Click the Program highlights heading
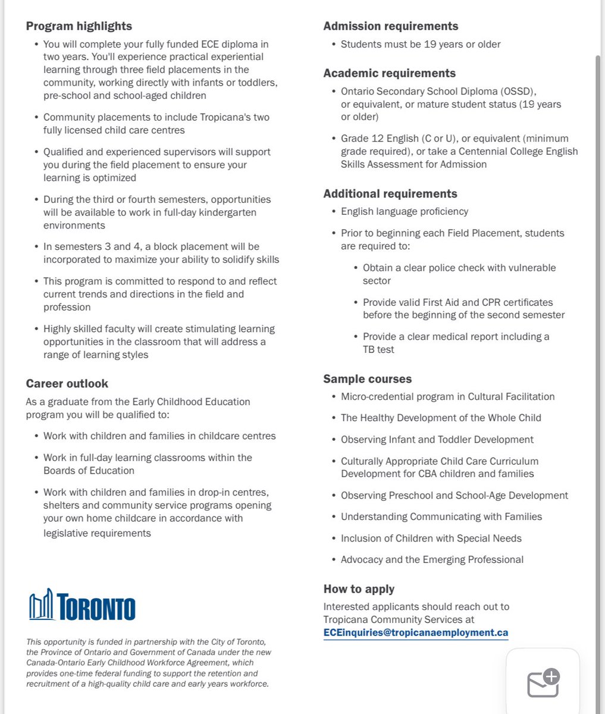pyautogui.click(x=79, y=26)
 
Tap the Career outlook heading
pyautogui.click(x=67, y=384)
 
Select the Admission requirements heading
pyautogui.click(x=390, y=26)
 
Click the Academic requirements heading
pyautogui.click(x=389, y=73)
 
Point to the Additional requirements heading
pyautogui.click(x=390, y=194)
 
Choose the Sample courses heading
pyautogui.click(x=367, y=379)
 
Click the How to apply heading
pyautogui.click(x=359, y=589)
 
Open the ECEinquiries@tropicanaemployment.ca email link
pyautogui.click(x=415, y=632)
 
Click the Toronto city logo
pyautogui.click(x=82, y=605)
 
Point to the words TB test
pyautogui.click(x=378, y=350)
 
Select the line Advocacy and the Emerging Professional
pyautogui.click(x=432, y=560)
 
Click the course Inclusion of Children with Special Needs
pyautogui.click(x=431, y=538)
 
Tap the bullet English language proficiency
pyautogui.click(x=405, y=212)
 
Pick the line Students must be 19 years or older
pyautogui.click(x=421, y=45)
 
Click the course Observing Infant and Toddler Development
pyautogui.click(x=437, y=440)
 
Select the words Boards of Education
pyautogui.click(x=89, y=471)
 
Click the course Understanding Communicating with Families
pyautogui.click(x=441, y=517)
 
